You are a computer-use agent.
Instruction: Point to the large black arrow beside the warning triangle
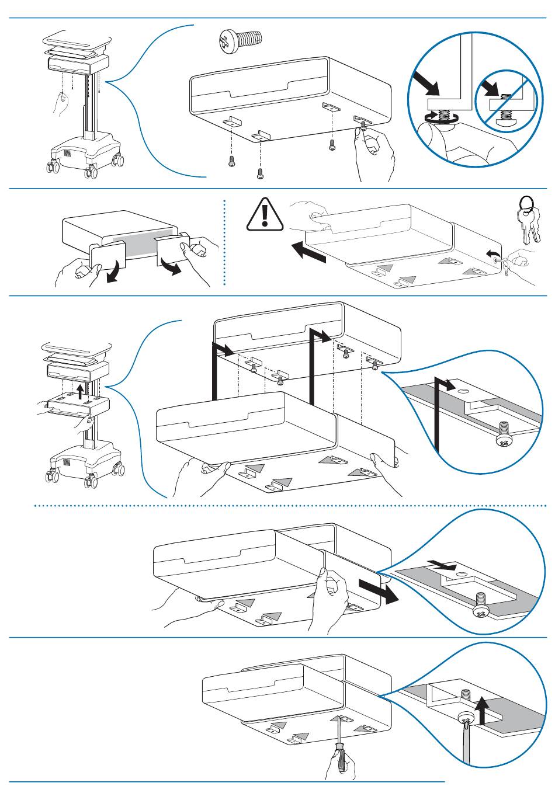coord(308,252)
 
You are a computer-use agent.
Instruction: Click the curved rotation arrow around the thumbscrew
coord(435,117)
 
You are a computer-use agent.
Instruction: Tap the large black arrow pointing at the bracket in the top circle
coord(426,84)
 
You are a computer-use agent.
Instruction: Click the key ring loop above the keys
coord(526,202)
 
